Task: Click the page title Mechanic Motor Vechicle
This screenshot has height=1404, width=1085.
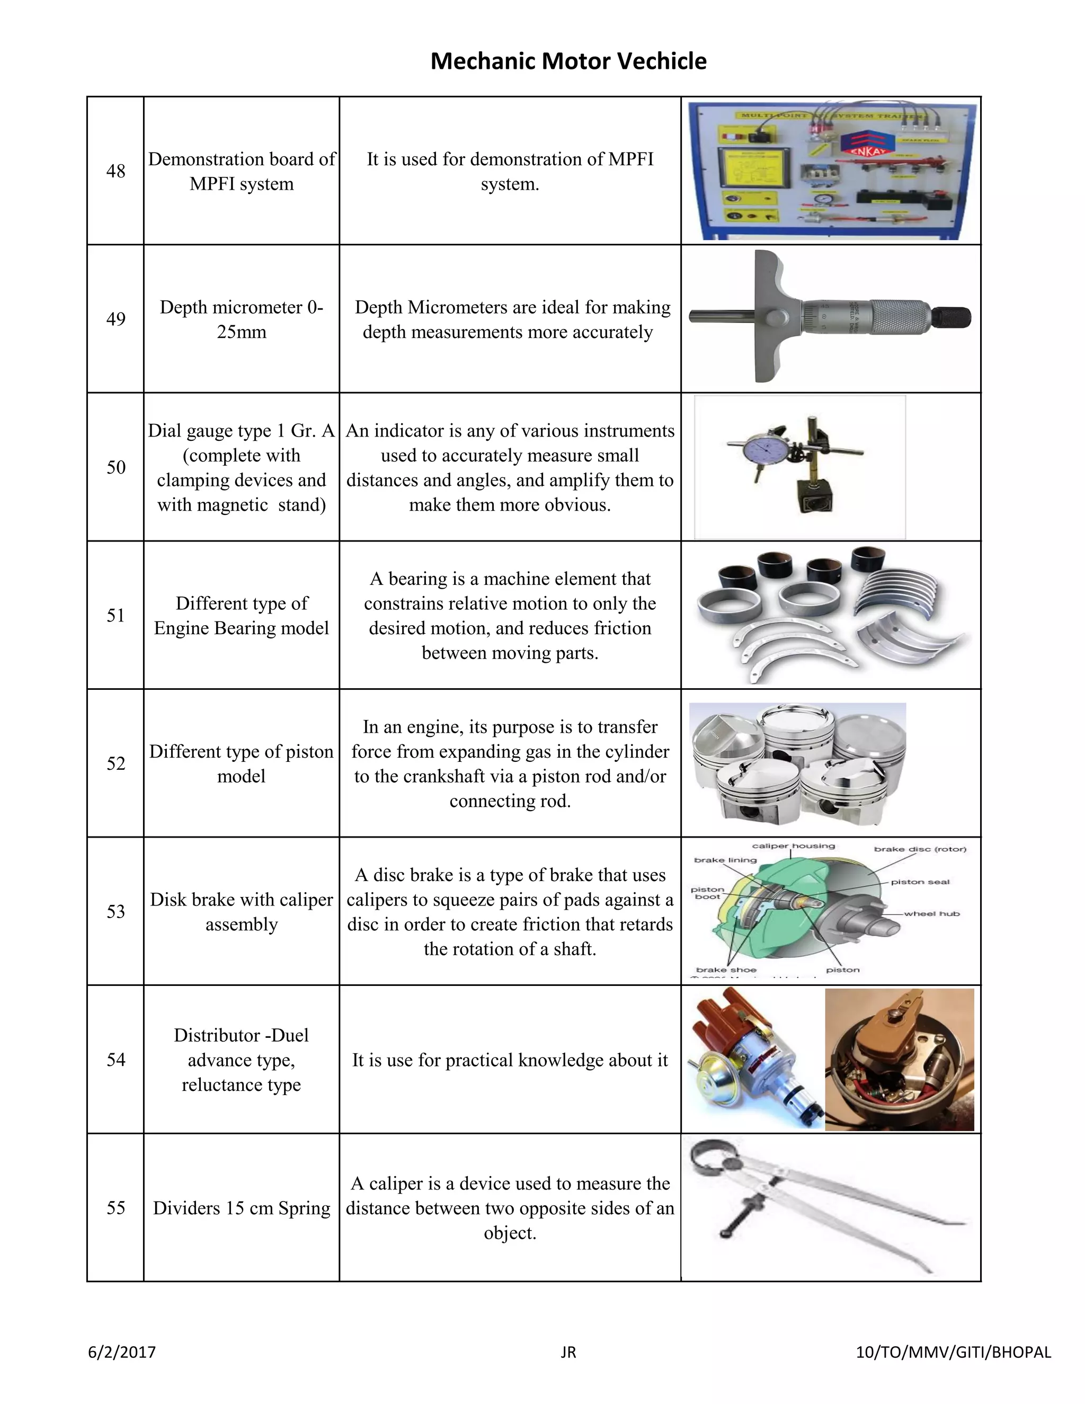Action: pos(568,61)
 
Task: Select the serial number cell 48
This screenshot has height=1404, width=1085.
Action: pos(115,171)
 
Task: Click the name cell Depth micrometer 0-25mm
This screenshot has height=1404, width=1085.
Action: pos(241,319)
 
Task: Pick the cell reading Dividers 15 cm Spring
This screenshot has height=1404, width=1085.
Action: pos(241,1208)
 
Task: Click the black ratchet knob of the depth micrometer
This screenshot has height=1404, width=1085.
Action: pos(951,317)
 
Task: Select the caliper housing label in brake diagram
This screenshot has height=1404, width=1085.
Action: pos(793,846)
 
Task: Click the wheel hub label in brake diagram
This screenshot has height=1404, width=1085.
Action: pos(931,913)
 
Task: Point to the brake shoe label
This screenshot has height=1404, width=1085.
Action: pos(726,970)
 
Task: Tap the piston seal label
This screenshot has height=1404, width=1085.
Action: pos(920,882)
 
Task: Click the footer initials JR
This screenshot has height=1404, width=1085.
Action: pos(568,1353)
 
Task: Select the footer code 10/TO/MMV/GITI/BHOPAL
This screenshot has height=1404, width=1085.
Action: pos(953,1352)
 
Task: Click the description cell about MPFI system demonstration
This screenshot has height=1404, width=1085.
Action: pos(510,171)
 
